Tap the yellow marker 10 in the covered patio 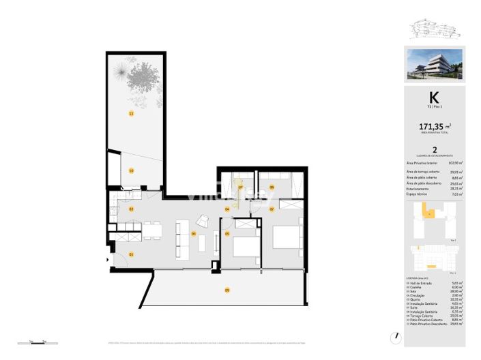[131, 170]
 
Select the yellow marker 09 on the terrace [227, 290]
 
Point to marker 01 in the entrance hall [131, 254]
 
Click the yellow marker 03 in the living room [194, 235]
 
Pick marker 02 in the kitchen [131, 209]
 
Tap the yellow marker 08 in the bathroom [272, 187]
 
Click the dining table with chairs [151, 230]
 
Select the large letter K [433, 97]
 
